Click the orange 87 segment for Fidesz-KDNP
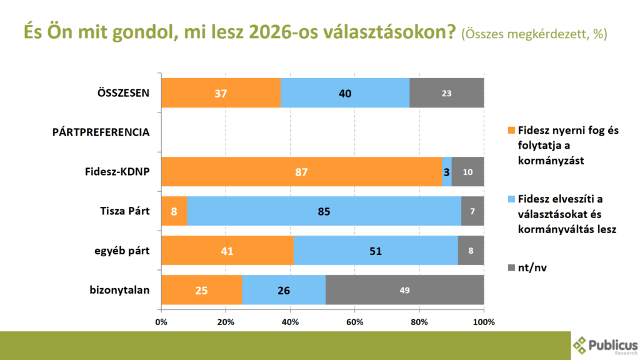pyautogui.click(x=302, y=172)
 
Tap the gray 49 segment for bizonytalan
pyautogui.click(x=404, y=290)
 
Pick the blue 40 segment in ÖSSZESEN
pyautogui.click(x=345, y=94)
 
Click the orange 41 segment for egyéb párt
pyautogui.click(x=227, y=251)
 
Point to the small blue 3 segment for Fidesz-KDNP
pyautogui.click(x=447, y=172)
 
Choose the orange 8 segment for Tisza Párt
pyautogui.click(x=174, y=211)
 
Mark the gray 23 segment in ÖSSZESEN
pyautogui.click(x=446, y=94)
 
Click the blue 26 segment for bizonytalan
pyautogui.click(x=284, y=290)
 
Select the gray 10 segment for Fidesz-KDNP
pyautogui.click(x=467, y=172)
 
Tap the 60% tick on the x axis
pyautogui.click(x=354, y=322)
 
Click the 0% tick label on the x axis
pyautogui.click(x=161, y=322)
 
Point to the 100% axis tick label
pyautogui.click(x=483, y=322)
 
